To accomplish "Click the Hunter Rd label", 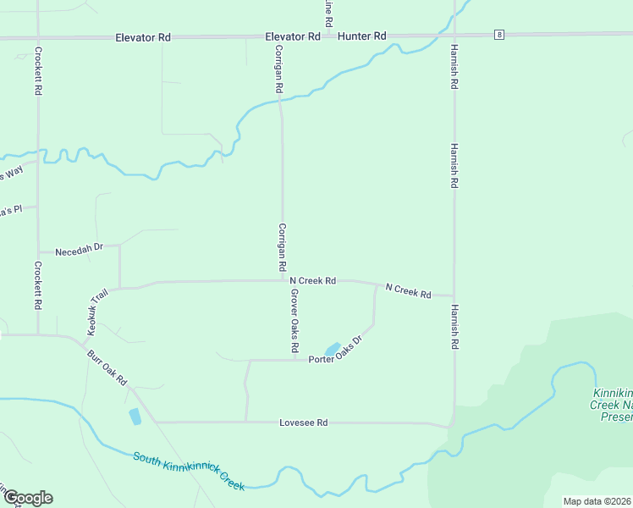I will click(x=361, y=36).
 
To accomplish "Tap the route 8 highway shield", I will click(x=500, y=35).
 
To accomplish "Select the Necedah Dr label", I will click(x=79, y=251).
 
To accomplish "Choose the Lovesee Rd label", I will click(x=304, y=422).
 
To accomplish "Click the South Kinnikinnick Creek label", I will click(x=189, y=470).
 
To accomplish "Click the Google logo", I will click(x=27, y=498).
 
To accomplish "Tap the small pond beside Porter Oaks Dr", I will click(x=332, y=349).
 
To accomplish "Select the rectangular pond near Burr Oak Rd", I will click(x=135, y=417).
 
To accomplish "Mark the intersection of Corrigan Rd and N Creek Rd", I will click(x=283, y=280).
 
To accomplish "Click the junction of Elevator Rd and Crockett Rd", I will click(x=37, y=38).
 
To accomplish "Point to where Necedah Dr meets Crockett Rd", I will click(x=38, y=251).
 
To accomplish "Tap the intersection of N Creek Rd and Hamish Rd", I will click(x=454, y=296).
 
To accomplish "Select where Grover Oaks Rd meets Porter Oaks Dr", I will click(x=294, y=360).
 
